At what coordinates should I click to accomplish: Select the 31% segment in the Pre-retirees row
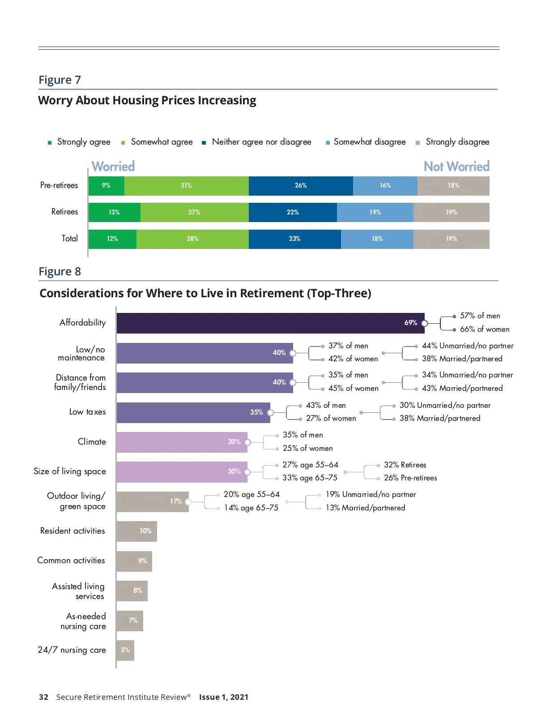tap(186, 186)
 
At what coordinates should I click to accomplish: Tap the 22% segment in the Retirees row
tap(293, 212)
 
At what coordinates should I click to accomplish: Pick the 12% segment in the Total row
tap(112, 239)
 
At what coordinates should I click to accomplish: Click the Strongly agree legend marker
tap(50, 143)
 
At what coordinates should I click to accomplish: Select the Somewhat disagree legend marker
tap(328, 143)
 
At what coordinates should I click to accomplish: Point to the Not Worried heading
tap(456, 167)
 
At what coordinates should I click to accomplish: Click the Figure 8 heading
tap(60, 272)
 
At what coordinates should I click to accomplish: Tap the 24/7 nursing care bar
tap(125, 650)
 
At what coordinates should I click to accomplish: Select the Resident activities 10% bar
tap(136, 531)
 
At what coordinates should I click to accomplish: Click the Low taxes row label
tap(87, 412)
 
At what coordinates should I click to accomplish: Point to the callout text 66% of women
tap(484, 330)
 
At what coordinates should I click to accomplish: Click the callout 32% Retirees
tap(405, 465)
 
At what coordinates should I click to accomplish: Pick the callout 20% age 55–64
tap(251, 494)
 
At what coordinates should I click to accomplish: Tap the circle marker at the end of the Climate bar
tap(247, 442)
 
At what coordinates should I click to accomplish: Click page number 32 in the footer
tap(43, 697)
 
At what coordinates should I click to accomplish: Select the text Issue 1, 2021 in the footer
tap(223, 697)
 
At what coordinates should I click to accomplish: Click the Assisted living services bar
tap(132, 591)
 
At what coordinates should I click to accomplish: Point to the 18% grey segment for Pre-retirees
tap(453, 186)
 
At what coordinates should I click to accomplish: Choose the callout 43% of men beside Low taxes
tap(326, 405)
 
